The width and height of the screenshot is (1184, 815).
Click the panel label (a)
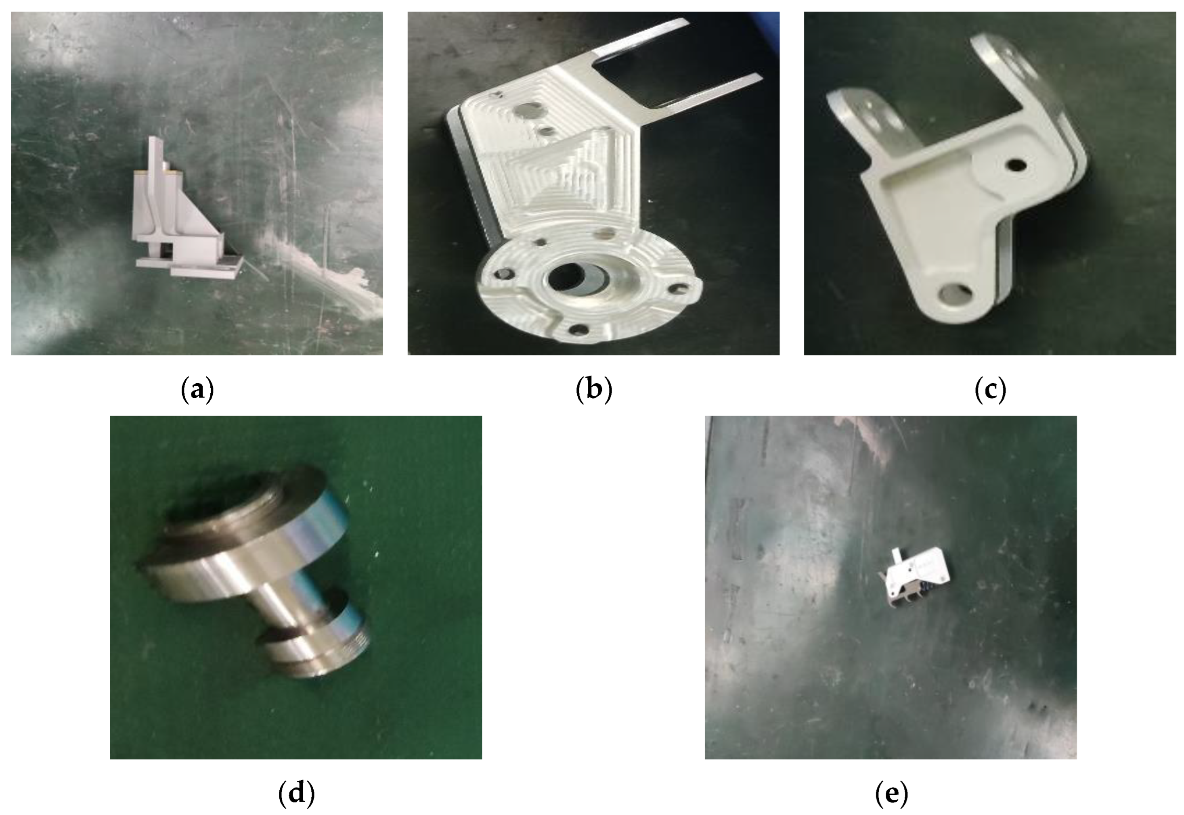[197, 390]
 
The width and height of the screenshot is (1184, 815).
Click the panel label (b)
[593, 390]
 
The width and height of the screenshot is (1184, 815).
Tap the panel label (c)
[990, 390]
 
